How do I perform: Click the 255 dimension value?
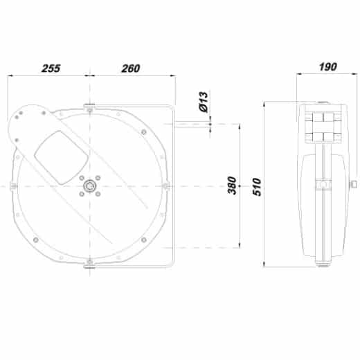coord(51,69)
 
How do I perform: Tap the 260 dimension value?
coord(131,69)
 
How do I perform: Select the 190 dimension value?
coord(328,67)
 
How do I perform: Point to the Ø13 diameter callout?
coord(204,102)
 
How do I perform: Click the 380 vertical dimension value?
coord(232,185)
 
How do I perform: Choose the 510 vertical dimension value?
coord(257,187)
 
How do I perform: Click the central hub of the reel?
coord(89,186)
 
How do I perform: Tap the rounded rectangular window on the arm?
coord(61,158)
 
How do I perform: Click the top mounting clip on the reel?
coord(89,107)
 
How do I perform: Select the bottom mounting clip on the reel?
coord(89,265)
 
